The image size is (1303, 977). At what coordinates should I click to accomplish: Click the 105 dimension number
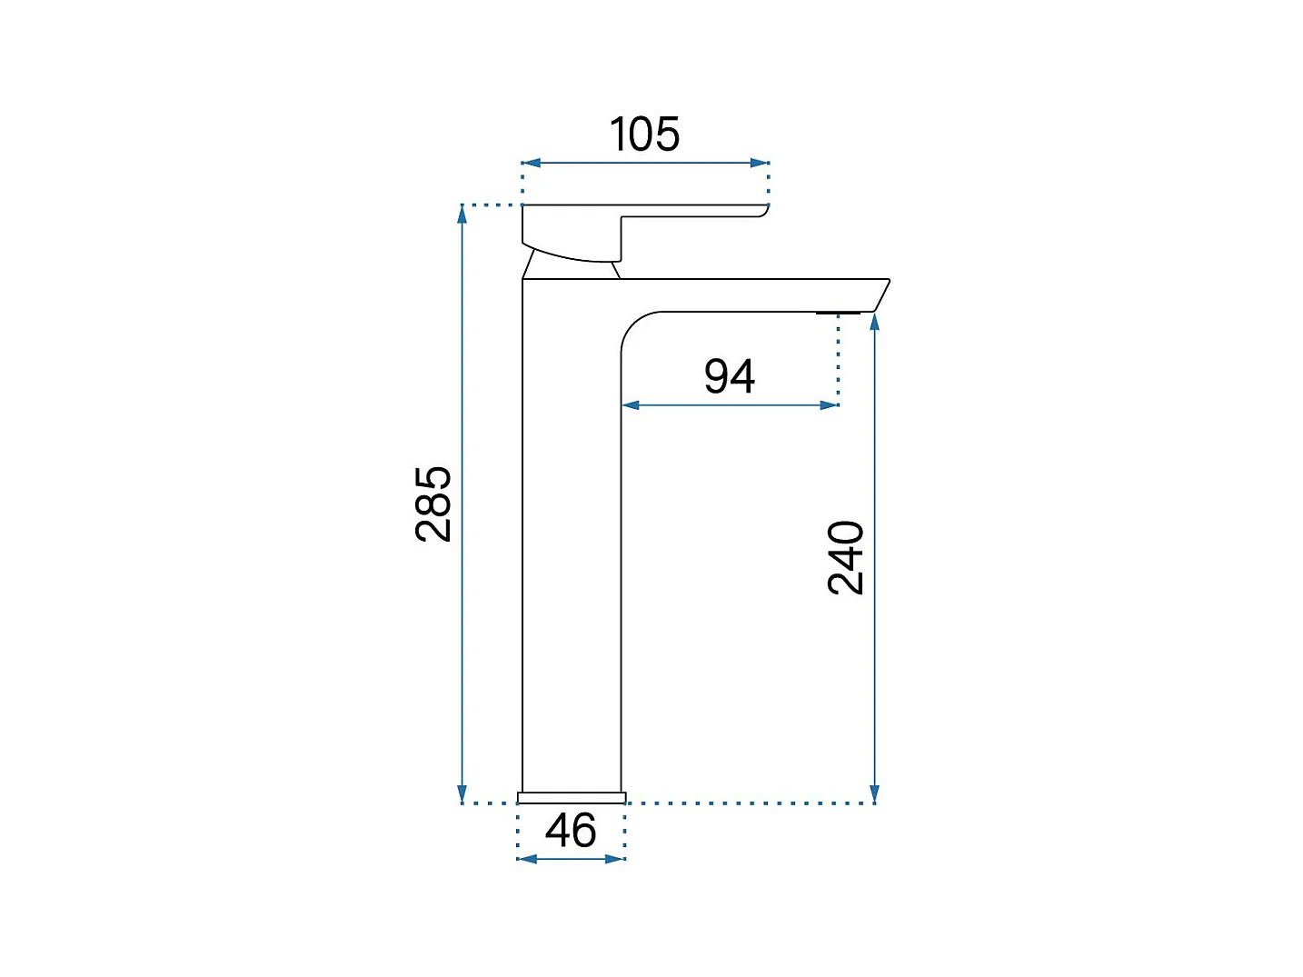point(644,135)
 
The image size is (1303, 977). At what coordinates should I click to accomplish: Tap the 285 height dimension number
point(433,503)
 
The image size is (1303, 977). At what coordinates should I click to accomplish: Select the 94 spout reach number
point(730,375)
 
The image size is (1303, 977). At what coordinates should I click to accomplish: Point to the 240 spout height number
point(845,557)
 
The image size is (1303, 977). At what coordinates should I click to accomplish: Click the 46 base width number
point(571,831)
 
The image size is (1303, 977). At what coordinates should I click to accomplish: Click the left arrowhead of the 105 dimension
point(532,163)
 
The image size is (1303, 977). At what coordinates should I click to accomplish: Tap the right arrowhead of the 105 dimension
point(760,163)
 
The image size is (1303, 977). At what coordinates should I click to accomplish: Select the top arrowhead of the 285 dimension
point(462,214)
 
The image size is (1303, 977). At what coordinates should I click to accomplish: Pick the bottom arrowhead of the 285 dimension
point(462,793)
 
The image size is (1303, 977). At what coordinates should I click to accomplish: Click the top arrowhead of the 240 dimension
point(874,322)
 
